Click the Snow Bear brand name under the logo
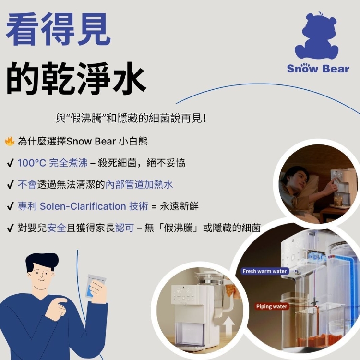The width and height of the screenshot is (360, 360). coord(318,69)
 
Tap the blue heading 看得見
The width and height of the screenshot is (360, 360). coord(58,29)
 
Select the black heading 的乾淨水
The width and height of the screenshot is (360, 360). coord(76,78)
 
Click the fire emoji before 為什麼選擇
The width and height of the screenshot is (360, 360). coord(10,141)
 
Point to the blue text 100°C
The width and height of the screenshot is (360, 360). coord(32,163)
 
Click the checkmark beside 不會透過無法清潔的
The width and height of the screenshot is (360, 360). coord(11,184)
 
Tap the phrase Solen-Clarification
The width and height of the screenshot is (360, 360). coord(83,206)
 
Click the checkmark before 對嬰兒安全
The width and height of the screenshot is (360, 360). coord(11,228)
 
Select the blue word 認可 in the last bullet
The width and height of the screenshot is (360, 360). coord(124,228)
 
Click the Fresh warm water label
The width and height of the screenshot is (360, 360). coord(264,271)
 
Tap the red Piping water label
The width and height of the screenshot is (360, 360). coord(272,307)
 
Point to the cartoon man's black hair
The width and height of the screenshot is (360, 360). coord(42,261)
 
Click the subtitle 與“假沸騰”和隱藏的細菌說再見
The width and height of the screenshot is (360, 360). coord(131,119)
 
